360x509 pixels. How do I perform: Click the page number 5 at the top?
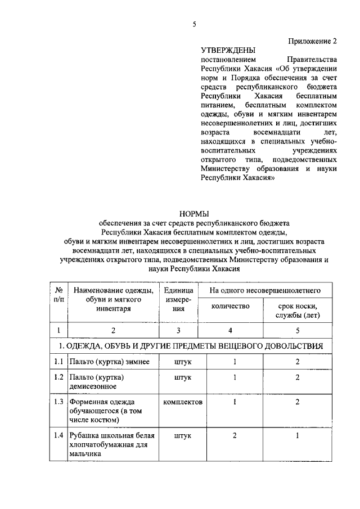point(194,24)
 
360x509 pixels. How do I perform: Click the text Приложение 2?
point(313,41)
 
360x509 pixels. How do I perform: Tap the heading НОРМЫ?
point(194,214)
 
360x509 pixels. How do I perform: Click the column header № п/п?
point(58,295)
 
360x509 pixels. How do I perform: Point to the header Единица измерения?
point(179,300)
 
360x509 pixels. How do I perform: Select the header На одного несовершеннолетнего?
point(265,291)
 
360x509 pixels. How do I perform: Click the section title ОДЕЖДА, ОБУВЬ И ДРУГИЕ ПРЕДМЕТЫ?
point(194,345)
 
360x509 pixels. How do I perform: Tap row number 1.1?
point(58,362)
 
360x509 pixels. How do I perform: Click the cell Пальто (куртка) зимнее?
point(109,362)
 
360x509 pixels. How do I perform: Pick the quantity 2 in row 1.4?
point(234,435)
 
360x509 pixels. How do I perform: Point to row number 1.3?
point(58,402)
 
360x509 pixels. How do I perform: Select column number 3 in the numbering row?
point(179,330)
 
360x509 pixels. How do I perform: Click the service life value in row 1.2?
point(298,377)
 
